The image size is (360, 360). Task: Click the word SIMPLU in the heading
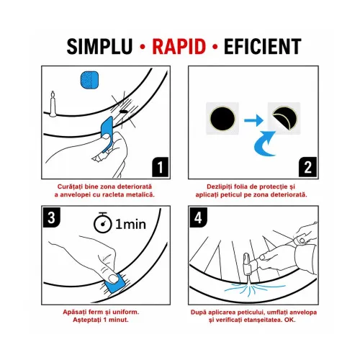tap(99, 46)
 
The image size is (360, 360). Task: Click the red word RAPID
tap(179, 46)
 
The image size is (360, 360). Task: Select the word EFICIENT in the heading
tap(263, 46)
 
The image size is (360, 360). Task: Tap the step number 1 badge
tap(161, 167)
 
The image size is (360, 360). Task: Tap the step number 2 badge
tap(308, 167)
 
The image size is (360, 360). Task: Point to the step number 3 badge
tap(52, 217)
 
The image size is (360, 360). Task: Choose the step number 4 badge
tap(198, 217)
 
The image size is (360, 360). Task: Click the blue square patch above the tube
tap(89, 79)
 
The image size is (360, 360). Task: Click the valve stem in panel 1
tap(53, 104)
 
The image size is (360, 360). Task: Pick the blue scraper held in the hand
tap(107, 133)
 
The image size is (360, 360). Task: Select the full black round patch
tap(222, 119)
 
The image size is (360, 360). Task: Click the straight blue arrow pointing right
tap(253, 120)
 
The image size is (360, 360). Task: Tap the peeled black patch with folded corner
tap(285, 118)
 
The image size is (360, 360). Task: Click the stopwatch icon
tap(103, 222)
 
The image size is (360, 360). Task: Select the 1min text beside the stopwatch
tap(130, 225)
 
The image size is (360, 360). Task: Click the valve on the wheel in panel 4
tap(247, 266)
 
